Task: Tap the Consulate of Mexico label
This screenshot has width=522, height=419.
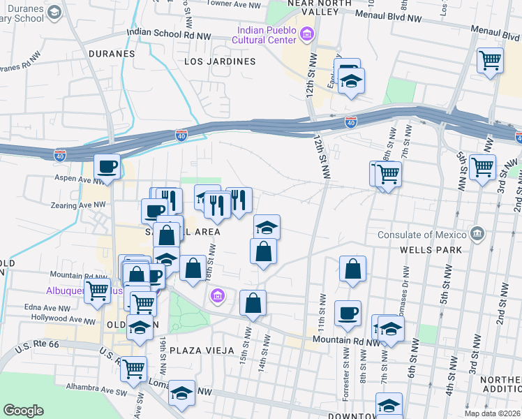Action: point(425,234)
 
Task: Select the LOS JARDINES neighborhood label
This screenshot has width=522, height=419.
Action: point(220,61)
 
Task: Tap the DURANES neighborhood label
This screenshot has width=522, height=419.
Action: point(112,53)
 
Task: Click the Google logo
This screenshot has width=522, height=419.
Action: point(23,411)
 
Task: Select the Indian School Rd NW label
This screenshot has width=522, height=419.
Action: point(169,33)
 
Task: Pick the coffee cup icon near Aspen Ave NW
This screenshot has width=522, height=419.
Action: point(107,167)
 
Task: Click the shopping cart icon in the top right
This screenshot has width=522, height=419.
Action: point(491,60)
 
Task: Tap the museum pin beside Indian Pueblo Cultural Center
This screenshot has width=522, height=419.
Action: point(305,34)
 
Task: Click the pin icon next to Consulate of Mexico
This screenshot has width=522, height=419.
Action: point(477,233)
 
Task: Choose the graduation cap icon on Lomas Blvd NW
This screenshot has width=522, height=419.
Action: point(182,392)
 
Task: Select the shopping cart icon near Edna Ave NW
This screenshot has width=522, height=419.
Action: point(98,291)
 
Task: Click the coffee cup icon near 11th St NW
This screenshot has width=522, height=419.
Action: point(348,313)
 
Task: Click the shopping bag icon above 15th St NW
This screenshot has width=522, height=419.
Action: point(253,303)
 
